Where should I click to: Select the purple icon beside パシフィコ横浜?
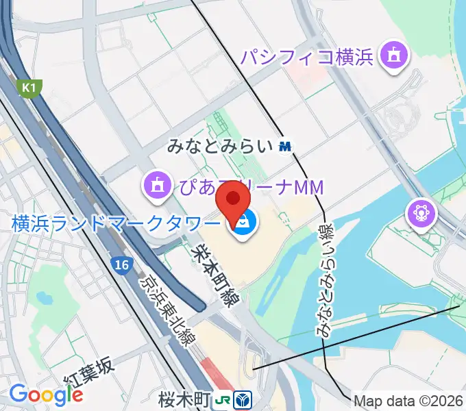(395, 55)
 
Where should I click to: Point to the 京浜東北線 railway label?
(167, 308)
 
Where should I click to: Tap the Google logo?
(45, 395)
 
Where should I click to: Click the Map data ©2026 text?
(408, 400)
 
